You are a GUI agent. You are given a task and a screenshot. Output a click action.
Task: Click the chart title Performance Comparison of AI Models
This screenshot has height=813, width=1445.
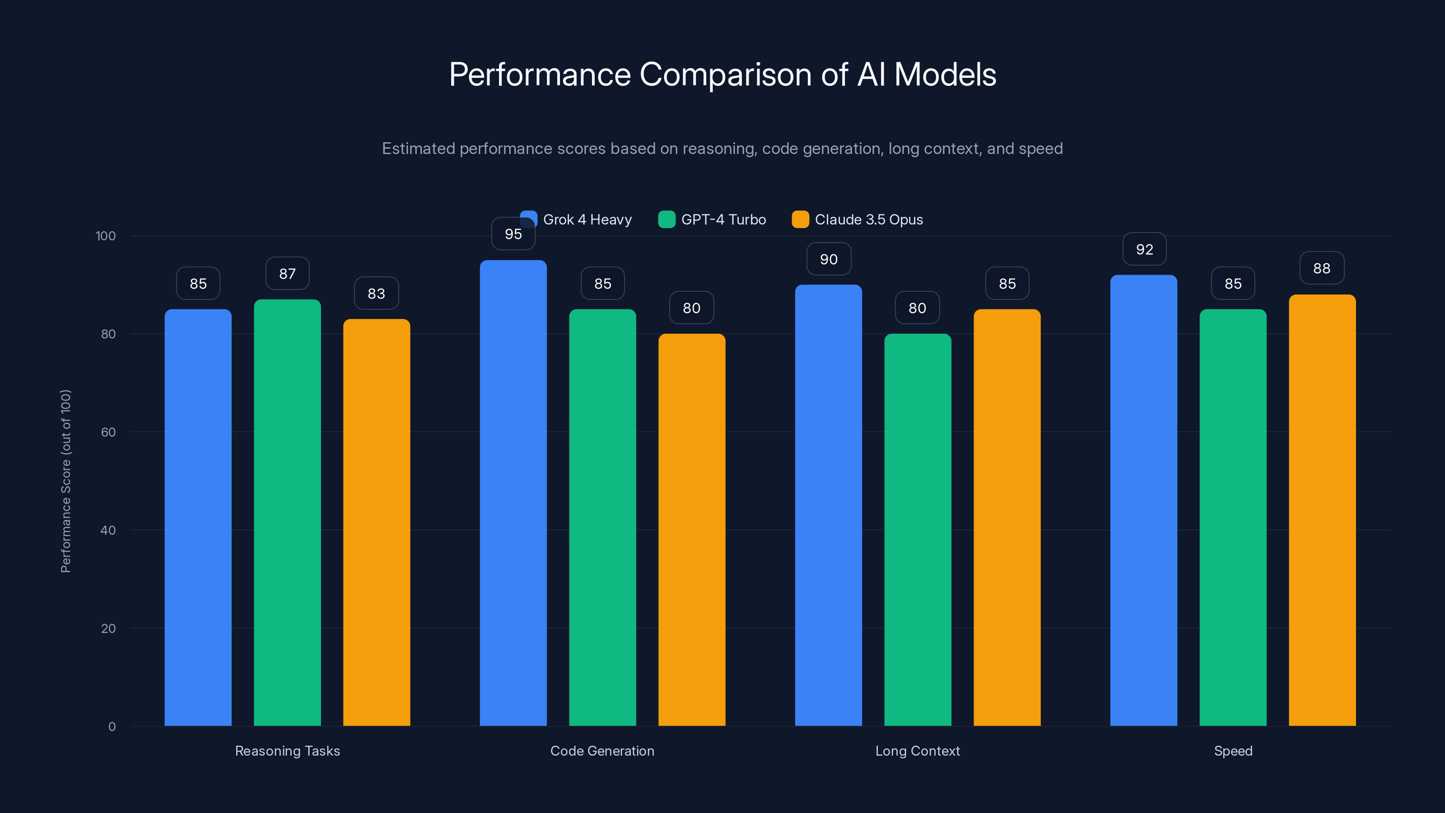pyautogui.click(x=722, y=75)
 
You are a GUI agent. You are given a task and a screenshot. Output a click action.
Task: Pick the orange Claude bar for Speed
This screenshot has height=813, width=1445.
pyautogui.click(x=1322, y=510)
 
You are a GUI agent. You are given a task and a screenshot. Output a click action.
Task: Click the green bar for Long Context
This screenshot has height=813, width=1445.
pyautogui.click(x=917, y=530)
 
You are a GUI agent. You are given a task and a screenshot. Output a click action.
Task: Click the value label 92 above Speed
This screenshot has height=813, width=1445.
pyautogui.click(x=1144, y=249)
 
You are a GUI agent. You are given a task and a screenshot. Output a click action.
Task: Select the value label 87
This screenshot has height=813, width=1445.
pyautogui.click(x=287, y=274)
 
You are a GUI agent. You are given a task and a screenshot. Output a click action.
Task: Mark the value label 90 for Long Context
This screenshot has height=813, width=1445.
pyautogui.click(x=828, y=259)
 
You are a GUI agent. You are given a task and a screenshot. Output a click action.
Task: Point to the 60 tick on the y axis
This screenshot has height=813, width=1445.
pyautogui.click(x=108, y=432)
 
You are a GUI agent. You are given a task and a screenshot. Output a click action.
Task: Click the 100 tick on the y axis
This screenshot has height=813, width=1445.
pyautogui.click(x=106, y=236)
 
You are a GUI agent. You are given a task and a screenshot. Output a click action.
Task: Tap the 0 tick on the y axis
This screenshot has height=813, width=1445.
pyautogui.click(x=112, y=727)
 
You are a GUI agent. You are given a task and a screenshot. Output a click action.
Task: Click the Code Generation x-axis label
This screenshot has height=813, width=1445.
pyautogui.click(x=602, y=751)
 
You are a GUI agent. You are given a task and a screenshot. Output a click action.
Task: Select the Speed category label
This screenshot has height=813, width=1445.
pyautogui.click(x=1232, y=751)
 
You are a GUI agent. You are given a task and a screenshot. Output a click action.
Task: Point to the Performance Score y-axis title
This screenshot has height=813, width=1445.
pyautogui.click(x=65, y=481)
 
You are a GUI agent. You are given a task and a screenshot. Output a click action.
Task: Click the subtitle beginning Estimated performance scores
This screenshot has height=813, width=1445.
pyautogui.click(x=722, y=149)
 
